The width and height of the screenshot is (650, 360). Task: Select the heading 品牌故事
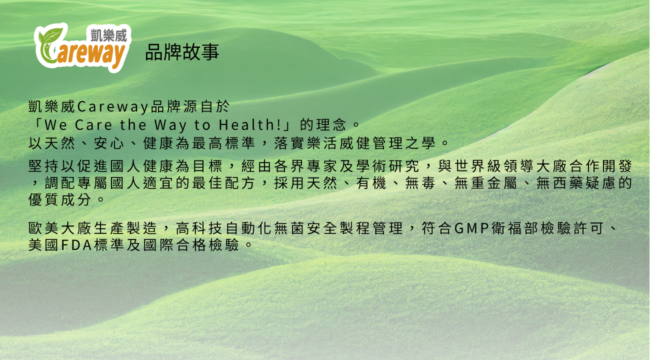pos(182,52)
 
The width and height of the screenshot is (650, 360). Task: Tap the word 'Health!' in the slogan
pos(250,125)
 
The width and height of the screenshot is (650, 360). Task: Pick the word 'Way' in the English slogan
pos(170,125)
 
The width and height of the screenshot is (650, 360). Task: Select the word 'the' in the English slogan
pos(133,125)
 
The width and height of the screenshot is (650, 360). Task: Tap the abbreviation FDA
pos(77,245)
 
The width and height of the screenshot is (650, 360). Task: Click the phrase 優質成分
pos(60,199)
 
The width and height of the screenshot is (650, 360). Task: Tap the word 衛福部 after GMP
pos(515,228)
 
